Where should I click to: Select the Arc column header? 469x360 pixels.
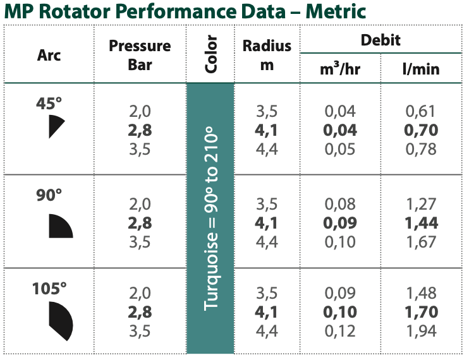click(49, 55)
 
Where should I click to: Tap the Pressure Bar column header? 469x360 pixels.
click(140, 55)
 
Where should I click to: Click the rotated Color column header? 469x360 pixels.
click(211, 55)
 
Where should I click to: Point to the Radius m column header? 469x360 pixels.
click(267, 55)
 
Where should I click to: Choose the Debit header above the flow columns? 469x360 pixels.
click(381, 40)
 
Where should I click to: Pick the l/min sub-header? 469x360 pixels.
click(421, 69)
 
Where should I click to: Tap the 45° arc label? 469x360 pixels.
click(49, 103)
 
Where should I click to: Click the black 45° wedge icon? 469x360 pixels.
click(56, 126)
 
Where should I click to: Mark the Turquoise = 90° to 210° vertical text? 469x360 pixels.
click(211, 219)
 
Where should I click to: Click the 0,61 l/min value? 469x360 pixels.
click(420, 112)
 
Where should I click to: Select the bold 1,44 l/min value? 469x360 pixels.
click(420, 223)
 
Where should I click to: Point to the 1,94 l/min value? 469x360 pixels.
click(420, 330)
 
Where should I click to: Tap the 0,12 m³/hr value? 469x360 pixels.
click(341, 330)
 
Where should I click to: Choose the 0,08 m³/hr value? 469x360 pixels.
click(341, 204)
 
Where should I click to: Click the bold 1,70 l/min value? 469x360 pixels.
click(420, 311)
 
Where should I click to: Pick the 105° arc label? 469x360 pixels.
click(49, 289)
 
